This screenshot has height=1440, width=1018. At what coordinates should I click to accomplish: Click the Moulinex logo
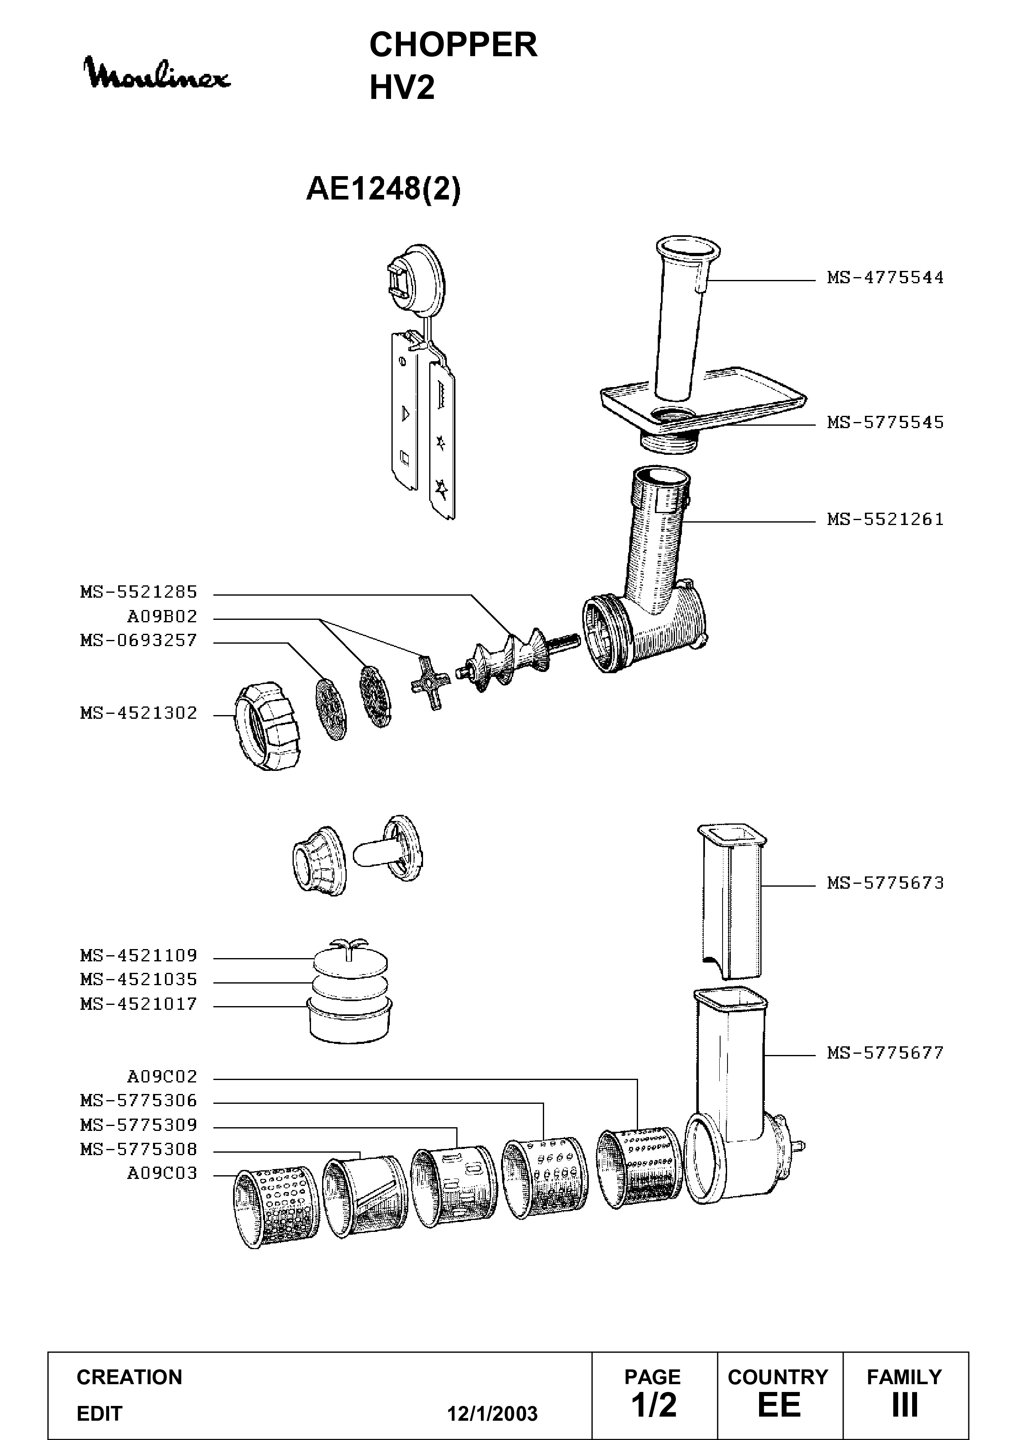click(158, 74)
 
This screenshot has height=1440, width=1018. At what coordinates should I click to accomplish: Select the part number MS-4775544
click(885, 277)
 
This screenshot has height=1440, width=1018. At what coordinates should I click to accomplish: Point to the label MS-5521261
click(885, 519)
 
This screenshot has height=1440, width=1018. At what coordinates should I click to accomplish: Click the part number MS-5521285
click(139, 592)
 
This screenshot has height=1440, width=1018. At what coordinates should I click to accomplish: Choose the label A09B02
click(162, 617)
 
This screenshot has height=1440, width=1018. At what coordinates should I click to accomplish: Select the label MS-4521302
click(139, 713)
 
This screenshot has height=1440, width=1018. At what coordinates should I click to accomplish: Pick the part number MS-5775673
click(885, 883)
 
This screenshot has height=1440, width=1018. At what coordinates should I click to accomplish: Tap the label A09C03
click(162, 1173)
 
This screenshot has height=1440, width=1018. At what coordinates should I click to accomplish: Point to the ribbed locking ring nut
click(266, 727)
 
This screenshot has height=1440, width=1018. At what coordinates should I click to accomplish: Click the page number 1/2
click(654, 1405)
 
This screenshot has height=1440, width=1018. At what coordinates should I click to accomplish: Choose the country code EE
click(779, 1405)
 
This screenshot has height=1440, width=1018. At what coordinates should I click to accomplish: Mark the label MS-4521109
click(139, 955)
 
